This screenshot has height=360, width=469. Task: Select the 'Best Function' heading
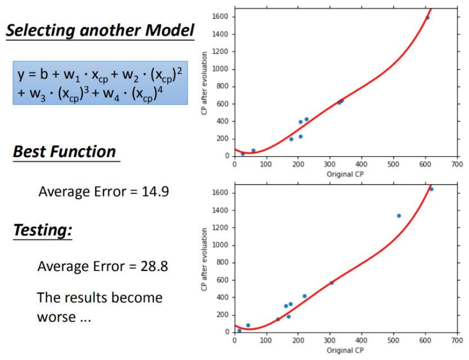(x=64, y=152)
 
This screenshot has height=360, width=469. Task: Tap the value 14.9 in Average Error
(x=156, y=192)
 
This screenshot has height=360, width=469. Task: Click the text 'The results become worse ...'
(x=99, y=306)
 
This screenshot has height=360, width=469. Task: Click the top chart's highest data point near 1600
(x=427, y=18)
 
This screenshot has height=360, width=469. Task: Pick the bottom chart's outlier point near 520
(x=399, y=216)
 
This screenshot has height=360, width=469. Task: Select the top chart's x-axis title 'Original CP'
(x=346, y=174)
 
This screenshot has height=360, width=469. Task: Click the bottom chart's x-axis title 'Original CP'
(x=346, y=350)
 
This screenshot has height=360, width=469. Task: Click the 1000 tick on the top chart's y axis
(x=220, y=69)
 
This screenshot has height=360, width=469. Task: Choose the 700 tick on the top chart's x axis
(x=457, y=165)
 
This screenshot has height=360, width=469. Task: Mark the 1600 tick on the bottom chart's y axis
(x=220, y=193)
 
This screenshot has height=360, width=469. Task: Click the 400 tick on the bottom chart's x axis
(x=361, y=341)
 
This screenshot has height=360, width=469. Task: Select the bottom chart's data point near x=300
(x=331, y=283)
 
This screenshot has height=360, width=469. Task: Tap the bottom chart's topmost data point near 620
(x=431, y=189)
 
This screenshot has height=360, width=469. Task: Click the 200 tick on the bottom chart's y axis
(x=223, y=315)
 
